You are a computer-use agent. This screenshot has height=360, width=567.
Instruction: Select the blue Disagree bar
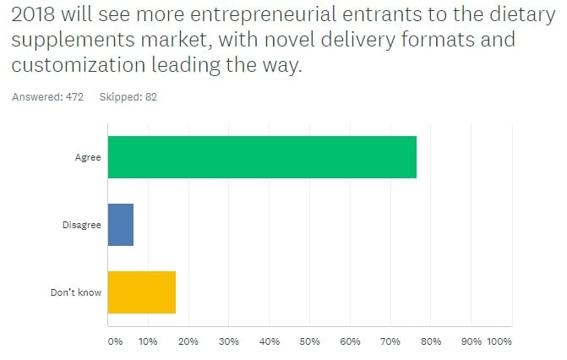pyautogui.click(x=121, y=225)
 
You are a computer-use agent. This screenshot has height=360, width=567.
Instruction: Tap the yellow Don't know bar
pyautogui.click(x=142, y=292)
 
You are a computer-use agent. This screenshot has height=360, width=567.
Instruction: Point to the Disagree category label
pyautogui.click(x=83, y=225)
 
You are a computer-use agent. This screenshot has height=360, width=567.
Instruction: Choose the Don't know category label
pyautogui.click(x=76, y=292)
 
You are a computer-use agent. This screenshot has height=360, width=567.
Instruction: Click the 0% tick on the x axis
pyautogui.click(x=115, y=341)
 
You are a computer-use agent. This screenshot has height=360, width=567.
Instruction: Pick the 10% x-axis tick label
pyautogui.click(x=148, y=341)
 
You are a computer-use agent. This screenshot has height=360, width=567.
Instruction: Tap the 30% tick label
pyautogui.click(x=229, y=341)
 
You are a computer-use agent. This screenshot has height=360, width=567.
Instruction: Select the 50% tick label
pyautogui.click(x=309, y=341)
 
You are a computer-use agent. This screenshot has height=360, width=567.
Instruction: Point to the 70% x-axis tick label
pyautogui.click(x=390, y=341)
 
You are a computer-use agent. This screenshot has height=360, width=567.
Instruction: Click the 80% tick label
pyautogui.click(x=431, y=341)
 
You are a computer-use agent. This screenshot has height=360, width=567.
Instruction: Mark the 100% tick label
pyautogui.click(x=499, y=341)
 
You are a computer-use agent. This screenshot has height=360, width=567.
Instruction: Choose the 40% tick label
pyautogui.click(x=270, y=341)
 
